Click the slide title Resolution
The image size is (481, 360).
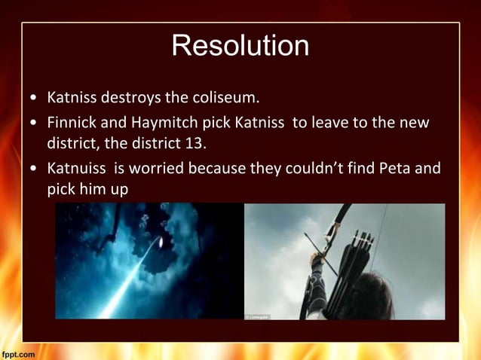[x=240, y=46]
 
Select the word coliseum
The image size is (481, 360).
[x=225, y=98]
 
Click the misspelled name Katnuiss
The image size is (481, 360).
[x=78, y=168]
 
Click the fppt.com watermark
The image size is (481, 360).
[x=17, y=353]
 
